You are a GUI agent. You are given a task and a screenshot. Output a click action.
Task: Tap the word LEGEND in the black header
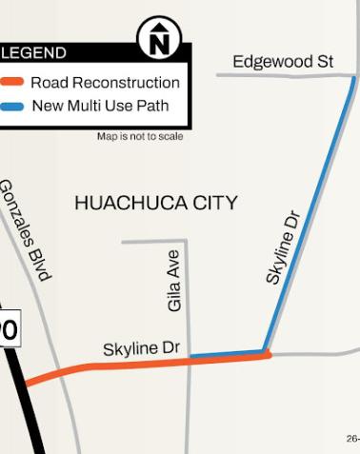pos(34,53)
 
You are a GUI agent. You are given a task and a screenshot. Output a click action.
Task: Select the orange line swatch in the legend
pos(12,83)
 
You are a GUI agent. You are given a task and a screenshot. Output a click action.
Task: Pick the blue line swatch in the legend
pos(12,105)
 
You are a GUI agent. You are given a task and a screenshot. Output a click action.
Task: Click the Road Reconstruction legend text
pos(105,83)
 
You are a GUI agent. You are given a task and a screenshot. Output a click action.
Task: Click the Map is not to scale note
pos(140,137)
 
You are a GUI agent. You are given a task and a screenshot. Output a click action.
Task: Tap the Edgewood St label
pos(283,62)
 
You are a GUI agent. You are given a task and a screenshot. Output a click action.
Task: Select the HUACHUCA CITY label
pos(155,203)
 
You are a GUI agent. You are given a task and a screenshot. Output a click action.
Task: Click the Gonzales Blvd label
pos(24,229)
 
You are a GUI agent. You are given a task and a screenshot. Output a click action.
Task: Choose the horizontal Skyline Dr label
pos(141,349)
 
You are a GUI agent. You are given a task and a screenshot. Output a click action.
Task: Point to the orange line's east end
pos(268,355)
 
